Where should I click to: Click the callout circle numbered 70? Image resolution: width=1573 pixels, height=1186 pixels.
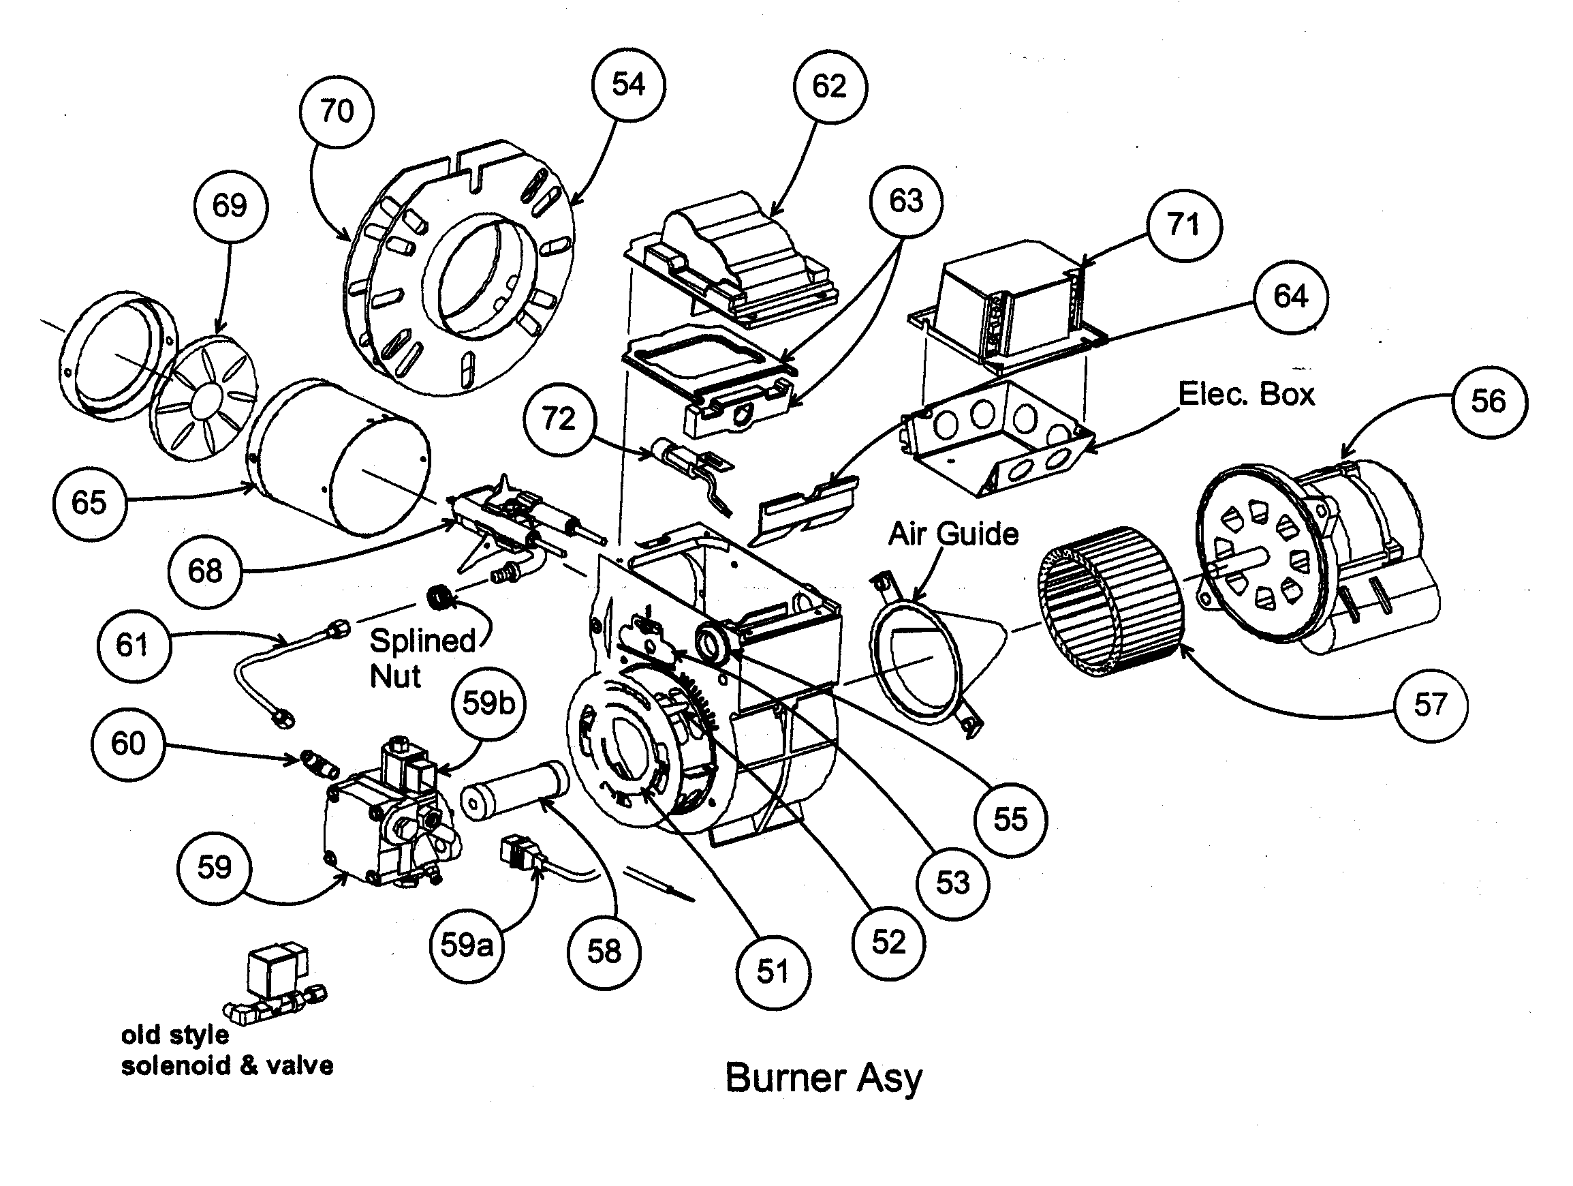pyautogui.click(x=337, y=112)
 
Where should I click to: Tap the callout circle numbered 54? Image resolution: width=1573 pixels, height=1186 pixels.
pyautogui.click(x=628, y=85)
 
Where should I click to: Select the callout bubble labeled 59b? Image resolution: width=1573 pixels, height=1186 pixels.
pyautogui.click(x=488, y=703)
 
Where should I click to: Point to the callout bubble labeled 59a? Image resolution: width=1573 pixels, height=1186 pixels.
pyautogui.click(x=467, y=945)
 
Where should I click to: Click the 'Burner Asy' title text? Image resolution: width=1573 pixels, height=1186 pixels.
pyautogui.click(x=823, y=1078)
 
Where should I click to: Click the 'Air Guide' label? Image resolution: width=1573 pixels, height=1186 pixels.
pyautogui.click(x=953, y=534)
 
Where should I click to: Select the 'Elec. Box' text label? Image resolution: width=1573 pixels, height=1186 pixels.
pyautogui.click(x=1246, y=394)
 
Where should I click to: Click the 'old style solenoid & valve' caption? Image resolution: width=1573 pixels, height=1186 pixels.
pyautogui.click(x=226, y=1051)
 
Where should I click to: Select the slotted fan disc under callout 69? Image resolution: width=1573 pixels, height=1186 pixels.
pyautogui.click(x=205, y=399)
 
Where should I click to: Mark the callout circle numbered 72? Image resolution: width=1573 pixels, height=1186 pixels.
pyautogui.click(x=559, y=420)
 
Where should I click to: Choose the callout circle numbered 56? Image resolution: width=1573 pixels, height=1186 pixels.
pyautogui.click(x=1489, y=402)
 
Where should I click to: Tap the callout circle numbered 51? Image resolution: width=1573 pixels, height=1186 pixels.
pyautogui.click(x=773, y=972)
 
